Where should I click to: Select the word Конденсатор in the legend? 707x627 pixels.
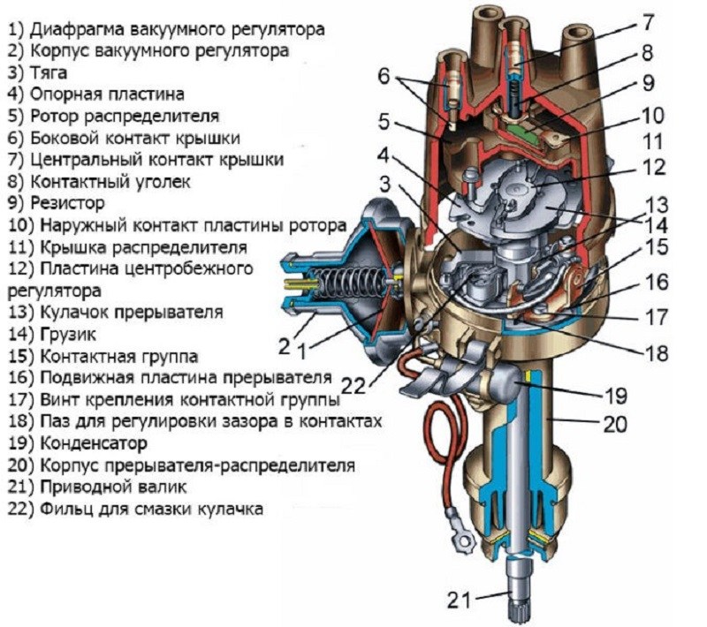(89, 442)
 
